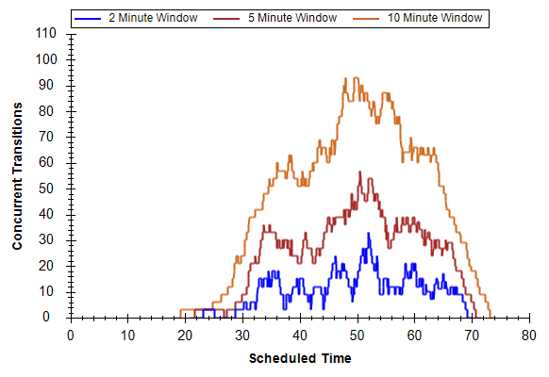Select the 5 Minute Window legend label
pos(292,18)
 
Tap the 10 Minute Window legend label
pos(435,18)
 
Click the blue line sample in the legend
pos(88,19)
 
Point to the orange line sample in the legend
pos(366,19)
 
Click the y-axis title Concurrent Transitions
pos(17,176)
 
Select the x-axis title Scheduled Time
pos(300,358)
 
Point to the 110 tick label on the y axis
pos(46,34)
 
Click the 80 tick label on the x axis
pos(528,336)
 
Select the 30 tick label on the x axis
pos(242,336)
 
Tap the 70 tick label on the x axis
pos(472,336)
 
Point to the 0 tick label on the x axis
pos(71,336)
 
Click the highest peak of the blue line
pos(368,233)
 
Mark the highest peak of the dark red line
pos(359,172)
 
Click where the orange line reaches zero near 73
pos(491,318)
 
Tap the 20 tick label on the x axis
pos(185,336)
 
